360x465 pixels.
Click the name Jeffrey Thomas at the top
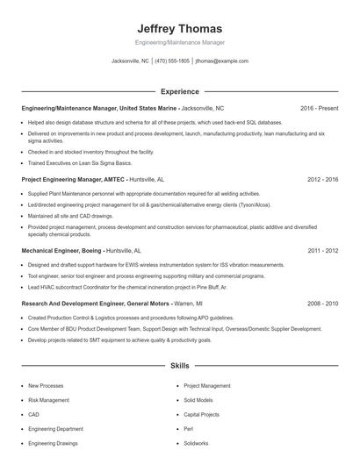tap(179, 28)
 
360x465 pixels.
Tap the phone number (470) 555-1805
tap(172, 61)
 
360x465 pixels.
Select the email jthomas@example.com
tap(222, 61)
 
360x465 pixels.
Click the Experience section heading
tap(179, 91)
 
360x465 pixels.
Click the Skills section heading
tap(179, 366)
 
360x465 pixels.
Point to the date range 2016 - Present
tap(319, 108)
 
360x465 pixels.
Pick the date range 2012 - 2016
tap(322, 179)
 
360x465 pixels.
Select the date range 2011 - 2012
tap(322, 250)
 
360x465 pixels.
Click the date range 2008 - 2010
tap(322, 303)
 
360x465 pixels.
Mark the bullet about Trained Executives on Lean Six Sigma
tap(80, 163)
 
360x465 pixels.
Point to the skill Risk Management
tap(48, 400)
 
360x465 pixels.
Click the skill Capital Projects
tap(202, 414)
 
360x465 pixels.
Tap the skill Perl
tap(189, 429)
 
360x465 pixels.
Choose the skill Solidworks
tap(198, 444)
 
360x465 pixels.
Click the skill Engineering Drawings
tap(53, 444)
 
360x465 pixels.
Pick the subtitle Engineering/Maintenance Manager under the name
tap(179, 43)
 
